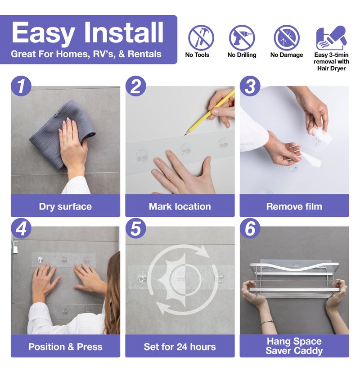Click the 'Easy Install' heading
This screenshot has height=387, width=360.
[x=88, y=33]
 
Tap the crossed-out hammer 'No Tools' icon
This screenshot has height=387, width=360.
[x=201, y=38]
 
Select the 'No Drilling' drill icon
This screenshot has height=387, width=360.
[x=242, y=38]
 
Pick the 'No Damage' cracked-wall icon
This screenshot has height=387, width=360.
[x=287, y=38]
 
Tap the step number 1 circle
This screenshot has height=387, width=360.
[x=21, y=86]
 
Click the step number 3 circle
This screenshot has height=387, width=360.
[x=250, y=86]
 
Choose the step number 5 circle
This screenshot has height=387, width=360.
[x=135, y=228]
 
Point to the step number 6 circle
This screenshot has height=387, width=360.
[x=250, y=228]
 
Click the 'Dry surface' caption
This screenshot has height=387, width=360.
[x=65, y=206]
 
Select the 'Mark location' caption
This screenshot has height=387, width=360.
[x=180, y=206]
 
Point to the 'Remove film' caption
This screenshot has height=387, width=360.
[x=294, y=206]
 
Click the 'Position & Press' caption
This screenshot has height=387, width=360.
[x=65, y=347]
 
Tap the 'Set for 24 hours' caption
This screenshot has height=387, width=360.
[x=180, y=347]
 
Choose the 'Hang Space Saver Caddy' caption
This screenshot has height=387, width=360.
[x=294, y=346]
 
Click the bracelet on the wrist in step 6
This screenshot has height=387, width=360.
[x=267, y=322]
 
